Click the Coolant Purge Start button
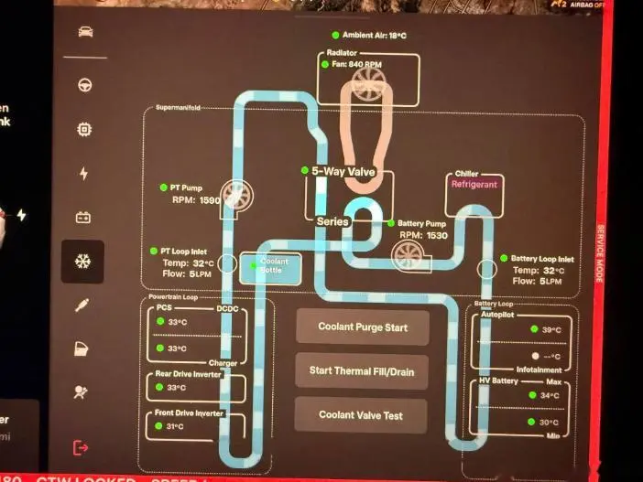click(362, 327)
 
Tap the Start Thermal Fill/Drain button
click(362, 370)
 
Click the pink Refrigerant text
click(474, 184)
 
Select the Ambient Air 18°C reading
click(374, 36)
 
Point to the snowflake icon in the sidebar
click(82, 262)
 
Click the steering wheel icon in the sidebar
click(83, 85)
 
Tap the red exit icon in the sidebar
click(82, 447)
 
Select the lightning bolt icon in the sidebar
click(83, 174)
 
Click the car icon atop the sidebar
click(83, 33)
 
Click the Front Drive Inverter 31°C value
click(176, 427)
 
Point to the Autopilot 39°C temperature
click(551, 330)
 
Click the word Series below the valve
click(332, 221)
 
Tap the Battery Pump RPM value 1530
click(436, 236)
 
